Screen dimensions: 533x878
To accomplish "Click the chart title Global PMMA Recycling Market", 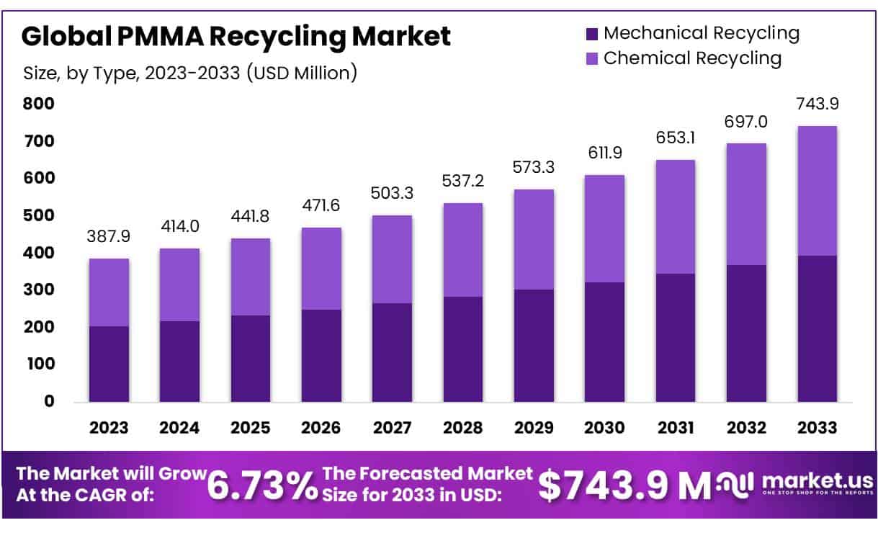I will pyautogui.click(x=236, y=36).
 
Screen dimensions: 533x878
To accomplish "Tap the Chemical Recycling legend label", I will pyautogui.click(x=692, y=58).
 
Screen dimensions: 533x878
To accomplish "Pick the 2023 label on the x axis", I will pyautogui.click(x=109, y=427).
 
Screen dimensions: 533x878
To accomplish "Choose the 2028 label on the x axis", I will pyautogui.click(x=462, y=427).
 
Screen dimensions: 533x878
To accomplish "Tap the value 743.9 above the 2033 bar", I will pyautogui.click(x=817, y=104).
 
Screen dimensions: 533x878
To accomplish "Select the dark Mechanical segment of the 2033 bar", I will pyautogui.click(x=817, y=328).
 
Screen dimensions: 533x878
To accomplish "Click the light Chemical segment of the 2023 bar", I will pyautogui.click(x=109, y=292).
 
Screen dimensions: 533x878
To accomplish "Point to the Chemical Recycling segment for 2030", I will pyautogui.click(x=604, y=228).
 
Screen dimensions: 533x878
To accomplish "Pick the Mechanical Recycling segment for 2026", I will pyautogui.click(x=321, y=355).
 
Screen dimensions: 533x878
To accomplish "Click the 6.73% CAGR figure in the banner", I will pyautogui.click(x=261, y=486).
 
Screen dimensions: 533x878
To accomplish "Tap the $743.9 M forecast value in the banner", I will pyautogui.click(x=624, y=486).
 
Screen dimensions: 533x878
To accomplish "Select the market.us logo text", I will pyautogui.click(x=817, y=481).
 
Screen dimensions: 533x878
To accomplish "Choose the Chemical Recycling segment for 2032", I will pyautogui.click(x=745, y=205).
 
